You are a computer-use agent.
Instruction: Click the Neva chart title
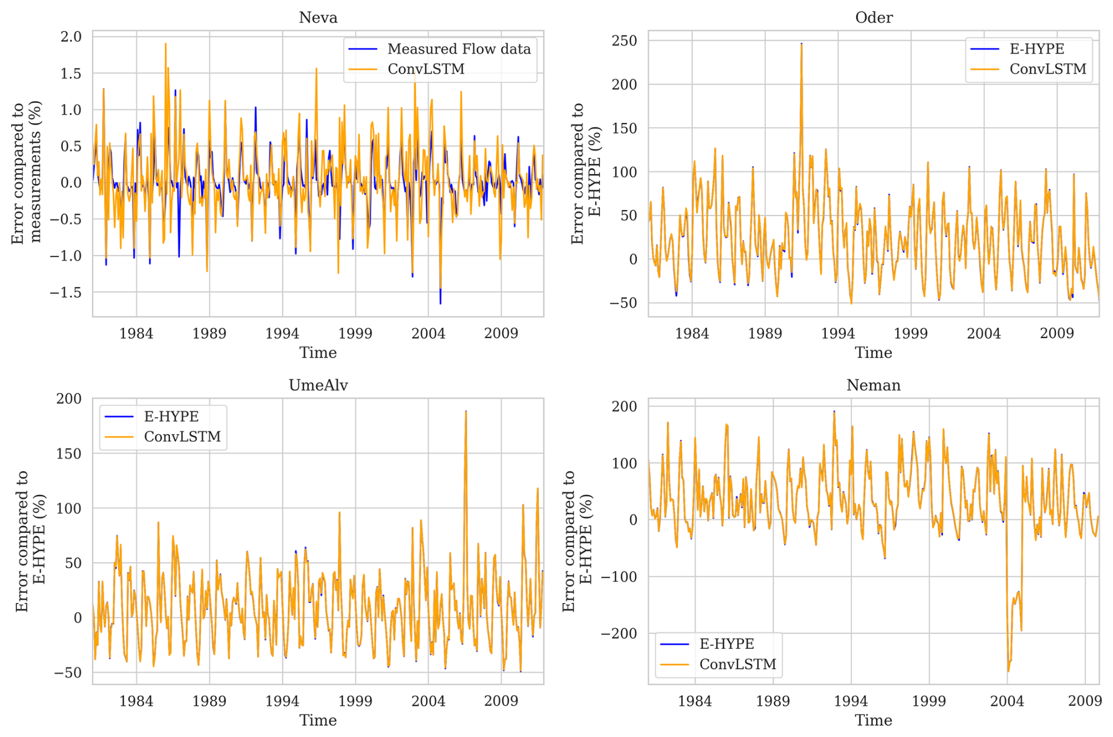click(x=318, y=18)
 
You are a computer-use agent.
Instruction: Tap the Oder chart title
click(x=874, y=18)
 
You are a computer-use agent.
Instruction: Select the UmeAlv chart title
click(x=318, y=385)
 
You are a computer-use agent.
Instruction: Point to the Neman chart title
click(x=874, y=385)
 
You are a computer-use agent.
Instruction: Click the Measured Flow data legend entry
click(x=458, y=49)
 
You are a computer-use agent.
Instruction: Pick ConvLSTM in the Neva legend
click(x=426, y=69)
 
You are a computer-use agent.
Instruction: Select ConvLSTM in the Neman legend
click(x=738, y=664)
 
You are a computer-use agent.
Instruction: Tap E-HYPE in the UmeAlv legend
click(x=171, y=416)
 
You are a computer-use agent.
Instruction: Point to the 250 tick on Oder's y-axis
click(x=624, y=41)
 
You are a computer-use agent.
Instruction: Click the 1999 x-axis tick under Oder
click(x=911, y=334)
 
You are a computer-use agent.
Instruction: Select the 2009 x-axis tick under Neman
click(x=1085, y=701)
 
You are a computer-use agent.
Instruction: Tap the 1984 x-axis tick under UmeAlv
click(x=136, y=701)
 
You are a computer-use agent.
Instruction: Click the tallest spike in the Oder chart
click(x=801, y=44)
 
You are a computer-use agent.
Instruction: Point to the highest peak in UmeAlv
click(x=466, y=412)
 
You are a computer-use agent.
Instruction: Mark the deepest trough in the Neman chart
click(x=1008, y=671)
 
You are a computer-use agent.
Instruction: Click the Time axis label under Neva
click(x=318, y=353)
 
